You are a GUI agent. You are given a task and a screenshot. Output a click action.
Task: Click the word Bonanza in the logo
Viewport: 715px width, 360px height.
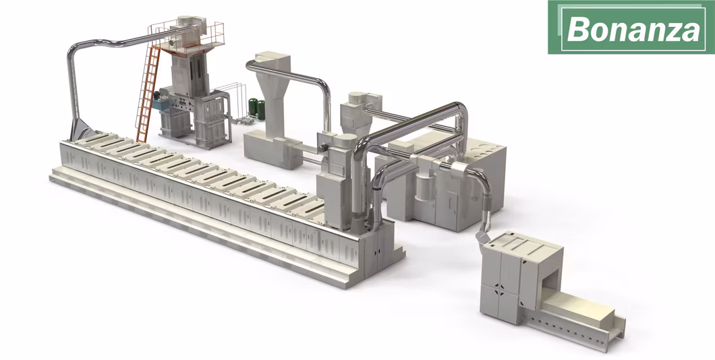[x=633, y=29]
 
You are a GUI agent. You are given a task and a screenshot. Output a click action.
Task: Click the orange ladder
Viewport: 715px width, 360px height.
[x=148, y=94]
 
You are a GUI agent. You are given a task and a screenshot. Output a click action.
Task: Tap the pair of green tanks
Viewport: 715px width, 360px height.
[x=257, y=109]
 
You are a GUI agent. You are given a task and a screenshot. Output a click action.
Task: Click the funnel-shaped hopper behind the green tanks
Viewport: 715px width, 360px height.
[x=273, y=90]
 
